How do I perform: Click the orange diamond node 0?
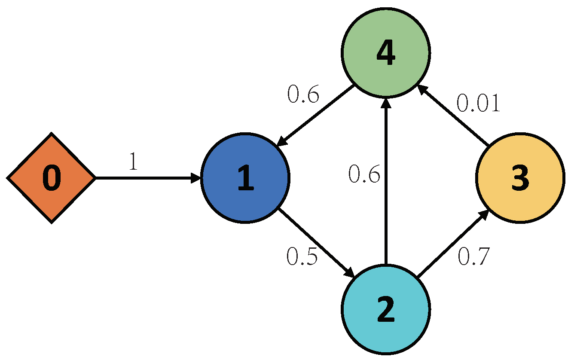pyautogui.click(x=51, y=178)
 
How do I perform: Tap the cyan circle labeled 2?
pyautogui.click(x=385, y=310)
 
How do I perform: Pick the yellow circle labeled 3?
pyautogui.click(x=520, y=178)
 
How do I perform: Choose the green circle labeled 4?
pyautogui.click(x=385, y=53)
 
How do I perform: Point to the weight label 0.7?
pyautogui.click(x=473, y=257)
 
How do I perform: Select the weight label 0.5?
pyautogui.click(x=302, y=257)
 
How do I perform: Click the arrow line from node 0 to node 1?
pyautogui.click(x=146, y=178)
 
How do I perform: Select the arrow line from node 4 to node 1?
pyautogui.click(x=316, y=116)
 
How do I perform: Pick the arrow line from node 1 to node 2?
pyautogui.click(x=316, y=243)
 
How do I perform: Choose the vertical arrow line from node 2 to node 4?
pyautogui.click(x=386, y=185)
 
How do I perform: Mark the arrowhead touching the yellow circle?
pyautogui.click(x=484, y=214)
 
